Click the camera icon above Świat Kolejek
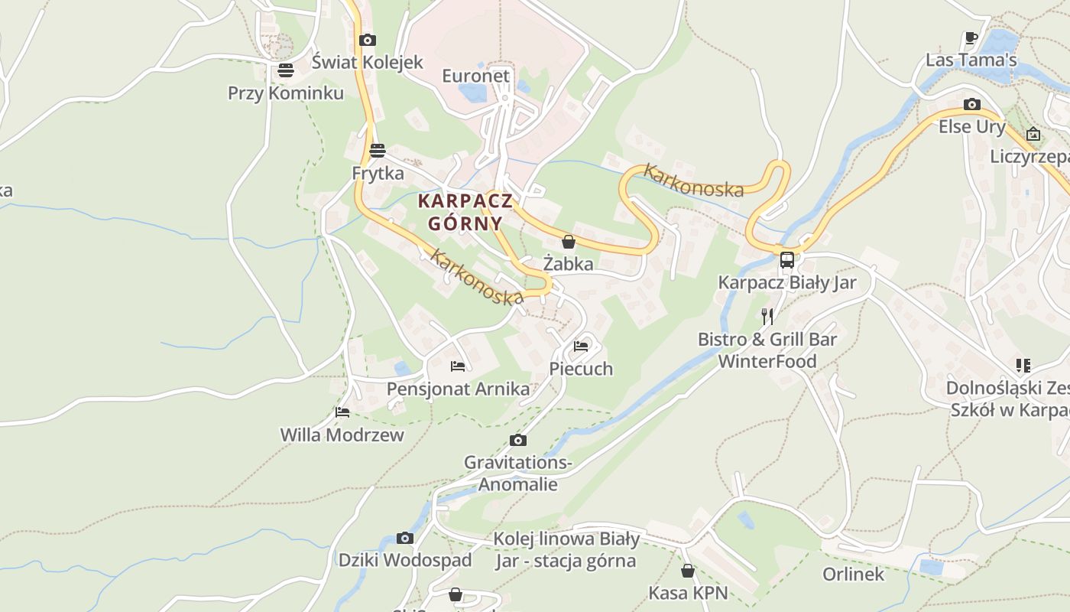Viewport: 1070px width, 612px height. (x=368, y=40)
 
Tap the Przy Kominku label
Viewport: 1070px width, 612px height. (x=286, y=93)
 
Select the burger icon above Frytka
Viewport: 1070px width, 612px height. (x=377, y=150)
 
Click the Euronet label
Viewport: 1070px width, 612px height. (x=475, y=76)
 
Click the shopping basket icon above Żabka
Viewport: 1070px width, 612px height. (x=569, y=242)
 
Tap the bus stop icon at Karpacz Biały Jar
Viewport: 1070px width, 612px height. (x=787, y=259)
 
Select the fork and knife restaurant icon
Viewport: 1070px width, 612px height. (x=767, y=316)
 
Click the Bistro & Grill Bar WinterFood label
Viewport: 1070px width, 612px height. (x=767, y=350)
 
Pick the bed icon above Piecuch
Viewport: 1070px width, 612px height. (x=581, y=346)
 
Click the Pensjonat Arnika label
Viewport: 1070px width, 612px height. (x=458, y=389)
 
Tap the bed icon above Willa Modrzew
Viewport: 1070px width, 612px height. (x=342, y=412)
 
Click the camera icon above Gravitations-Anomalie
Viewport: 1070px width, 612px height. (x=518, y=440)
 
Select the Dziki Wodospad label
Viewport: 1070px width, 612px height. (x=405, y=559)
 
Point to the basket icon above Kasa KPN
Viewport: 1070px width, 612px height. (x=688, y=571)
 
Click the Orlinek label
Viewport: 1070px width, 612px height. (x=853, y=574)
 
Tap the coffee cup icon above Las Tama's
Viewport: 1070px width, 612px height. (x=971, y=37)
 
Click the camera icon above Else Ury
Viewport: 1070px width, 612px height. (x=972, y=104)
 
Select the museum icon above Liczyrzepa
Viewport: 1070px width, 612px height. (x=1033, y=134)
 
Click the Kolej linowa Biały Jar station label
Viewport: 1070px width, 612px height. (x=566, y=549)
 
